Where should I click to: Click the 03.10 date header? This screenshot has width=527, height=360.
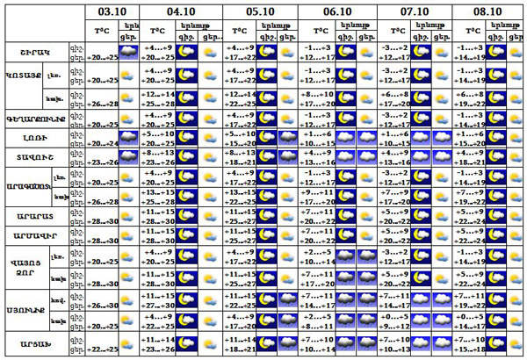coord(112,12)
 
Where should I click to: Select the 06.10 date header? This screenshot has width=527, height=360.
coord(336,12)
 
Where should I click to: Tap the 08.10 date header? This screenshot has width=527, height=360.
coord(488,12)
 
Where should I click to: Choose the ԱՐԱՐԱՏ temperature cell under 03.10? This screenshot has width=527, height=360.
coord(105,220)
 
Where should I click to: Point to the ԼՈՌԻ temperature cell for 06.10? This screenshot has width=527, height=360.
coord(315,139)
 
